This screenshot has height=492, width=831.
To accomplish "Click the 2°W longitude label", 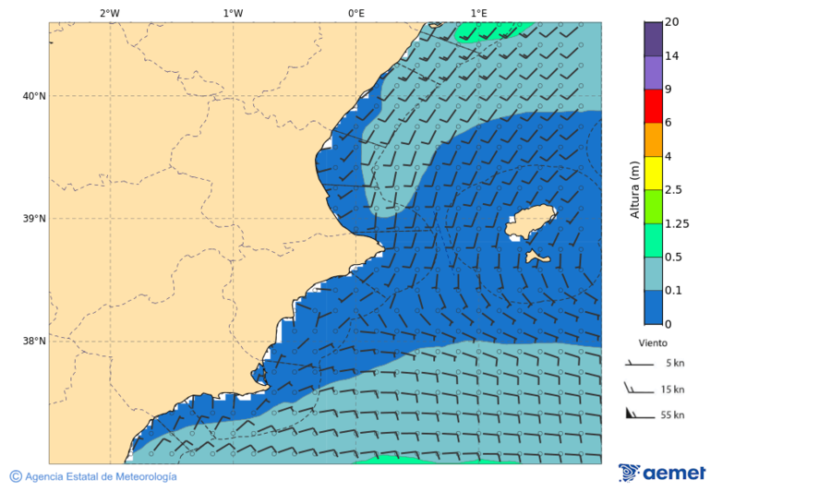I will (110, 13).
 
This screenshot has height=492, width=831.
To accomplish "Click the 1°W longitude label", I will (233, 13).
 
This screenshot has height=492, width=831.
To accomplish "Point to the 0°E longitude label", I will (355, 13).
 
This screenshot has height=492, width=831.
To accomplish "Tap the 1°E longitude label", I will (478, 13).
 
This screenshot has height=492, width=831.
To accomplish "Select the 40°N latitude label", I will (34, 96).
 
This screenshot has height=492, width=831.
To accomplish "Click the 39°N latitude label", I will (34, 219).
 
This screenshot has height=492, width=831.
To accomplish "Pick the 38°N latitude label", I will (34, 342).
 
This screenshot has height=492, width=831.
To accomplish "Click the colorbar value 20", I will (671, 22).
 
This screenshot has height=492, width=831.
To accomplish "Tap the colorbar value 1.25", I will (677, 223).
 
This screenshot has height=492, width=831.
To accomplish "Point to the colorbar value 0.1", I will (672, 291).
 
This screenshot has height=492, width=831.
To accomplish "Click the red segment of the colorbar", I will (653, 106).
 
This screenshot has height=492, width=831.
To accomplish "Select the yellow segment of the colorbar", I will (653, 173).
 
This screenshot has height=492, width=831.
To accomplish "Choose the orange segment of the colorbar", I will (653, 139).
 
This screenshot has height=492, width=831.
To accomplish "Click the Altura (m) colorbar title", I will (634, 189).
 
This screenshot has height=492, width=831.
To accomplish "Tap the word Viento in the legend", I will (653, 342).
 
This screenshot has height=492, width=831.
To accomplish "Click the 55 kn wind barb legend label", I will (672, 415).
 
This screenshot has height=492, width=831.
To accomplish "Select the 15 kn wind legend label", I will (672, 390).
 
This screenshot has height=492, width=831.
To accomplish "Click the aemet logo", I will (662, 474).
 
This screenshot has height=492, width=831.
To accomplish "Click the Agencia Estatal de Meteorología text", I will (101, 477).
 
